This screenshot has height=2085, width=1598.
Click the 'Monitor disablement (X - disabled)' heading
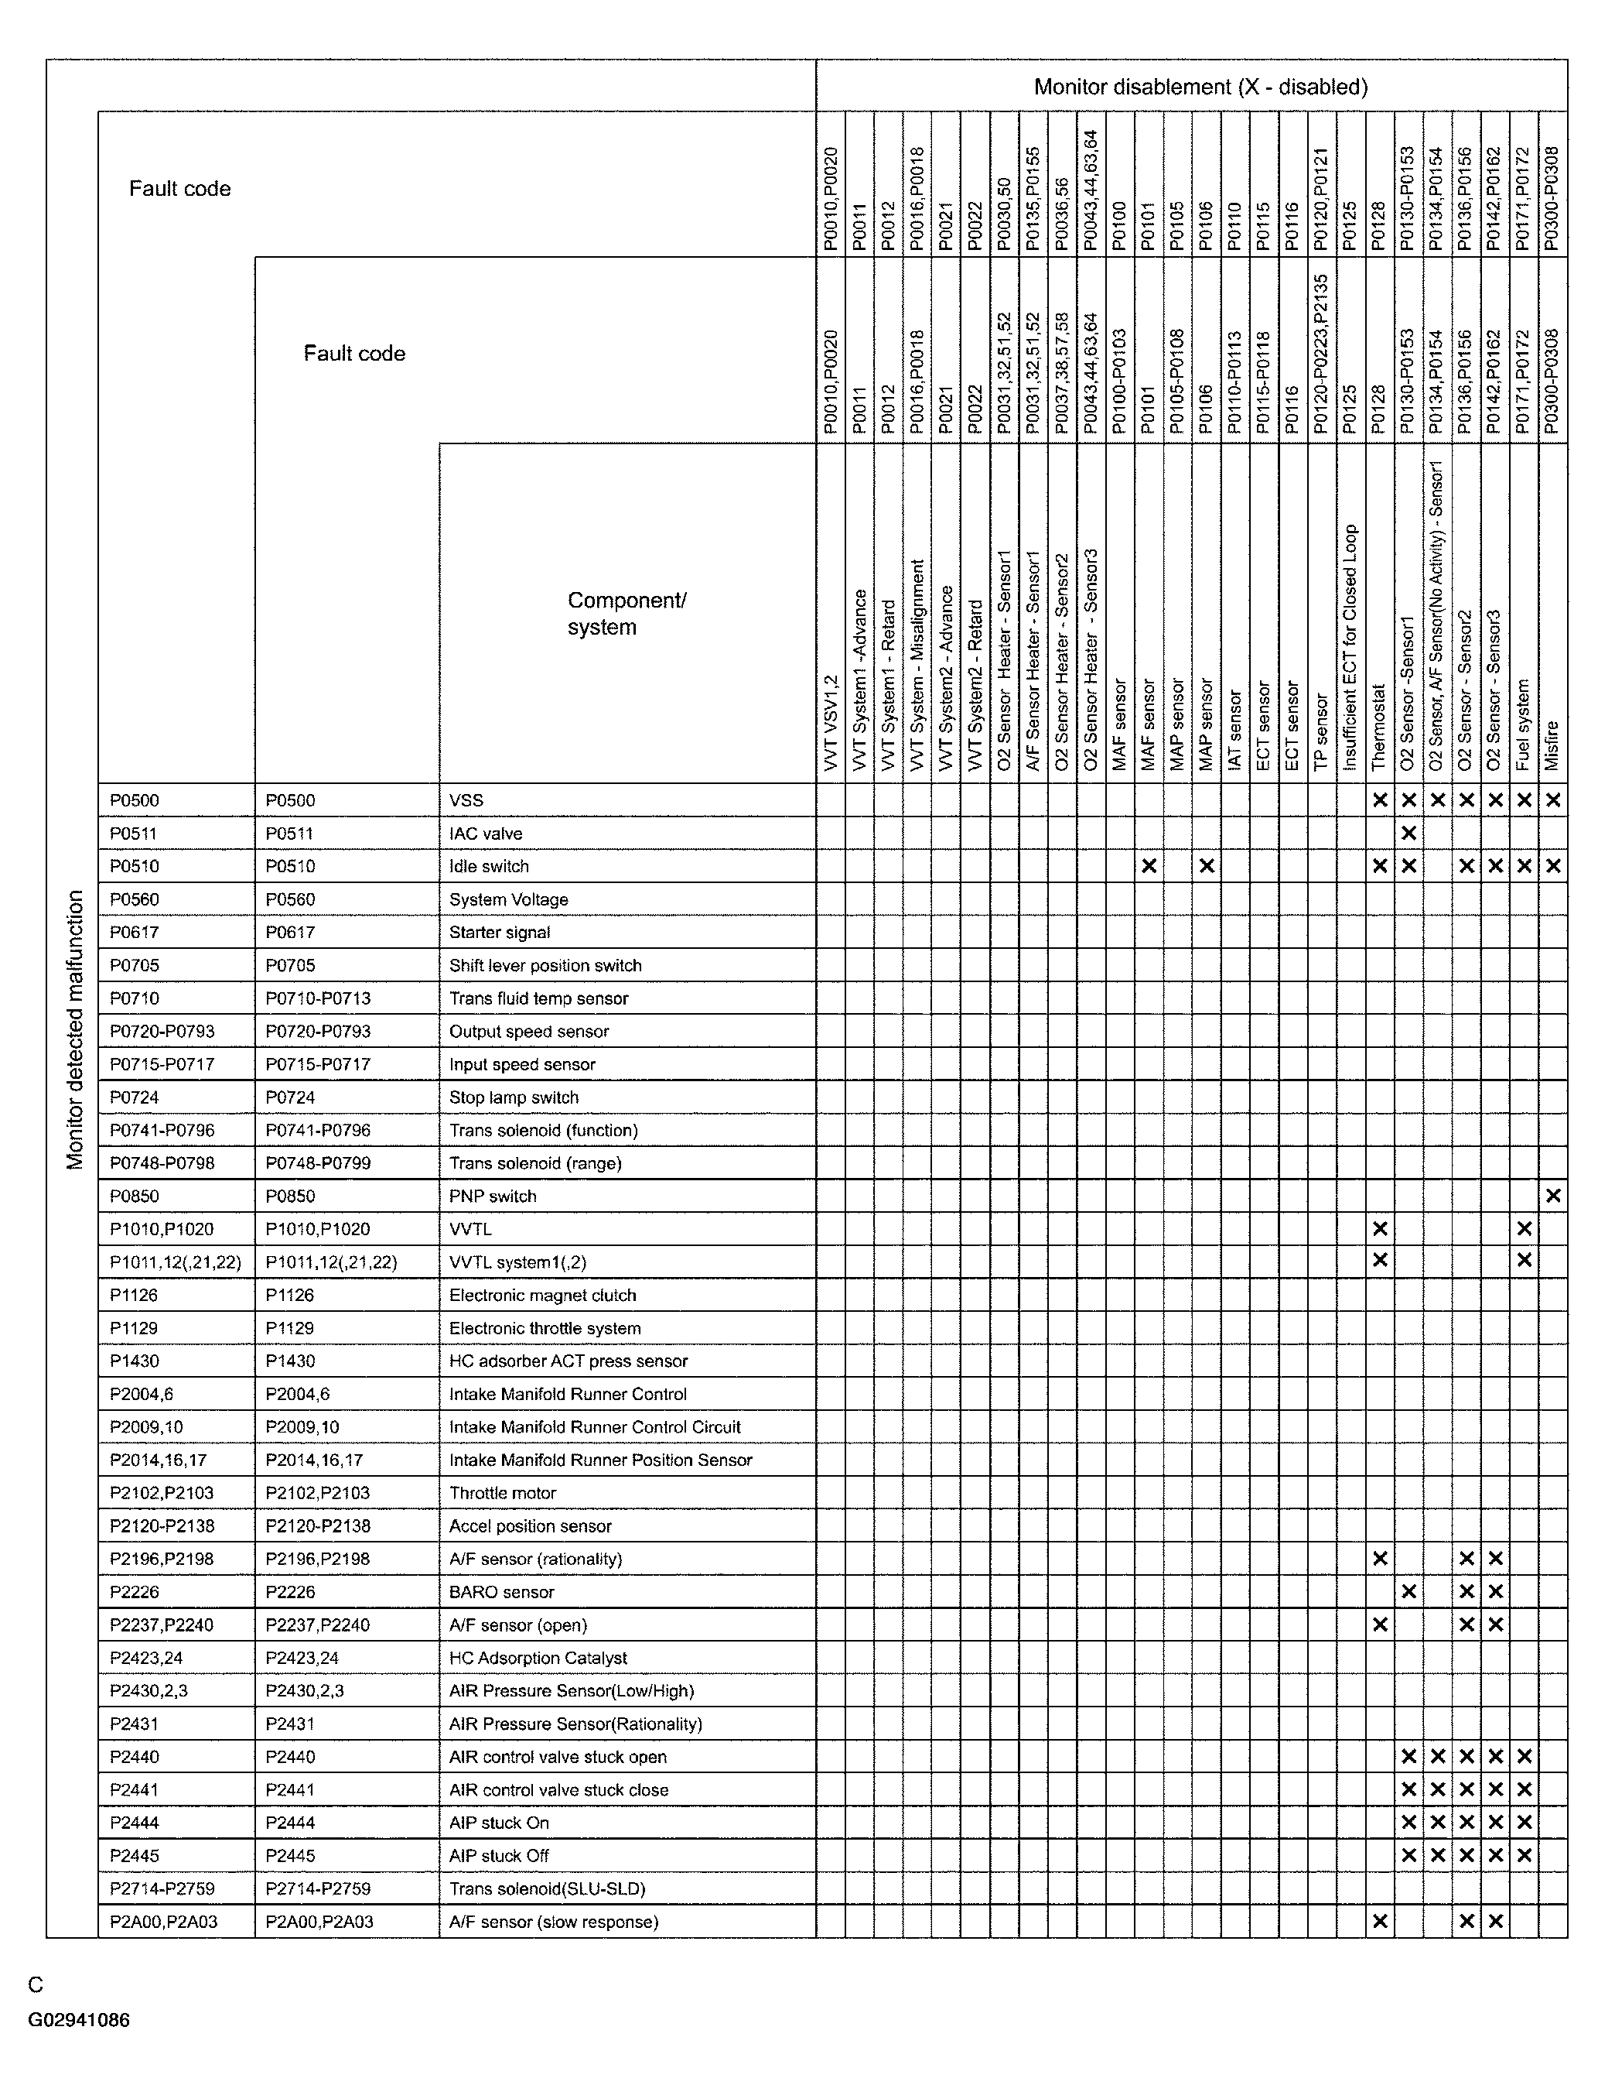1200,87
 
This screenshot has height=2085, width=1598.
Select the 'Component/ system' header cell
627,614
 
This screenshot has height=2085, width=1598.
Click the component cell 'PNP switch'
493,1197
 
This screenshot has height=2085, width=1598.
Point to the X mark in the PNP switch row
1552,1197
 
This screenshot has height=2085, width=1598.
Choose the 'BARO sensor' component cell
501,1592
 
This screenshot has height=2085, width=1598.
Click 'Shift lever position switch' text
545,965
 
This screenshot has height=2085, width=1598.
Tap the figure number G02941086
79,2020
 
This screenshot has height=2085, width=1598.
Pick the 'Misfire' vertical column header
1552,746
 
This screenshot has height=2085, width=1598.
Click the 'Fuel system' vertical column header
1524,724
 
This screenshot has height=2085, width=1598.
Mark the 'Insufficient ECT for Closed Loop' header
1350,647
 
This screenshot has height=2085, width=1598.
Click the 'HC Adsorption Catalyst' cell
538,1658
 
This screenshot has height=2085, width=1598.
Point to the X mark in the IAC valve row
1408,834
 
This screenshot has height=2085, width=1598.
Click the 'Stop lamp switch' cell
514,1097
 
